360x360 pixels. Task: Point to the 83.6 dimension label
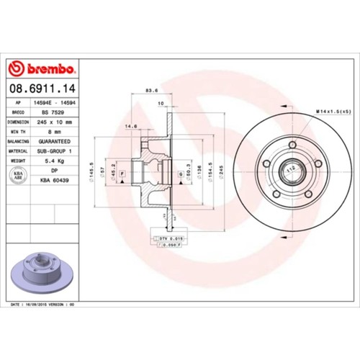(152, 90)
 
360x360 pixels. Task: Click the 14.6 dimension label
(131, 126)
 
